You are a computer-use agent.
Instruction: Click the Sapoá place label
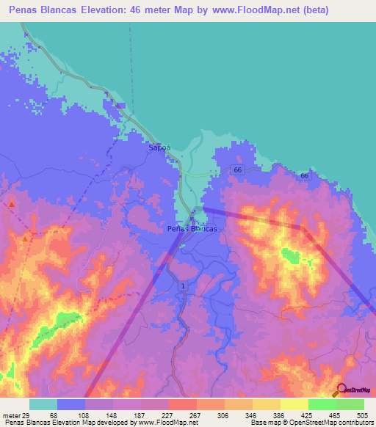[159, 147]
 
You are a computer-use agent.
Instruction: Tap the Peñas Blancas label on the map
[191, 229]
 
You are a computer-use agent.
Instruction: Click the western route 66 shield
[236, 169]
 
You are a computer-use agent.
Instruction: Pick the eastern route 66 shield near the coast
[304, 176]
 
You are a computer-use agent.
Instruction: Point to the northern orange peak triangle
[12, 203]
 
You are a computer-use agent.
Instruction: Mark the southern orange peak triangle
[26, 238]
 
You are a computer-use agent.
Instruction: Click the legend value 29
[26, 415]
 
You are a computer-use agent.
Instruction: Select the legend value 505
[362, 415]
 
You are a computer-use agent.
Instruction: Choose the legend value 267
[195, 415]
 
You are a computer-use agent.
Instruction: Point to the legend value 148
[110, 415]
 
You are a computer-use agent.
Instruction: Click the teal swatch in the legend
[43, 404]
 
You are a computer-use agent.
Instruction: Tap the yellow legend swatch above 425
[294, 404]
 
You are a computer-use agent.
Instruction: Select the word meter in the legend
[10, 415]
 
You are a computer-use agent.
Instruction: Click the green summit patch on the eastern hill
[289, 256]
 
